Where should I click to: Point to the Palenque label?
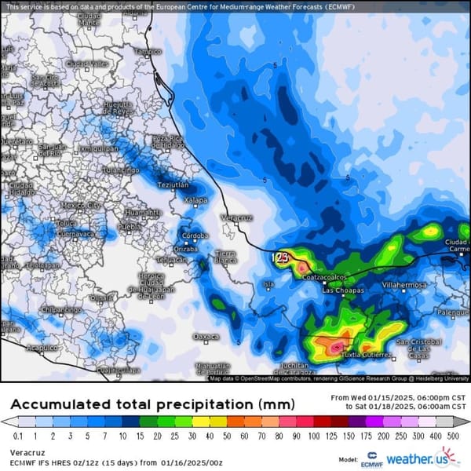click(452, 312)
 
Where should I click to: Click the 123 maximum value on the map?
click(279, 257)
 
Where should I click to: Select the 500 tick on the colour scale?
click(453, 435)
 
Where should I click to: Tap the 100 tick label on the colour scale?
click(315, 435)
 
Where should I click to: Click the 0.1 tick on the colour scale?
click(17, 435)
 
